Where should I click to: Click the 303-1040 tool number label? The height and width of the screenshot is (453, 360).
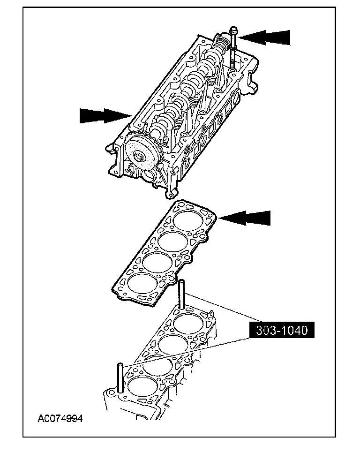282,330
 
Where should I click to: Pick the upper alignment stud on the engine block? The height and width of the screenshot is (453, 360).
181,294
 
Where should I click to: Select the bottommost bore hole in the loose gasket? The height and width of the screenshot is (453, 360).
140,284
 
